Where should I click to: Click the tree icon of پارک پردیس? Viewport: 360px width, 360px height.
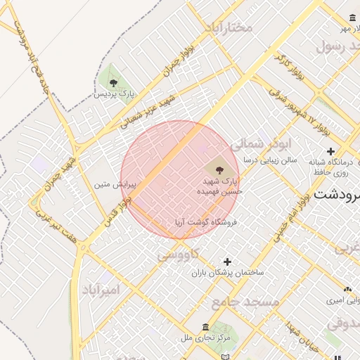pyautogui.click(x=113, y=83)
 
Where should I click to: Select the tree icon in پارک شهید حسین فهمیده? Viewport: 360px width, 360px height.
pyautogui.click(x=219, y=169)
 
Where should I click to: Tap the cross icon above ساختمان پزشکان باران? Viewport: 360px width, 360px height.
pyautogui.click(x=227, y=262)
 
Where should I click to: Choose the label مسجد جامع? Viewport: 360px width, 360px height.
pyautogui.click(x=245, y=301)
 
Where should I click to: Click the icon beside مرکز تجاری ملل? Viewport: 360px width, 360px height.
pyautogui.click(x=205, y=328)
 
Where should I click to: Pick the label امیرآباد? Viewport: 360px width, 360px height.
pyautogui.click(x=101, y=290)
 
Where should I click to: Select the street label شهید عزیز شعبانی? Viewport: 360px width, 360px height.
pyautogui.click(x=143, y=115)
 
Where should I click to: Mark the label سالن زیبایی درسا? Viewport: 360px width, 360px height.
pyautogui.click(x=270, y=160)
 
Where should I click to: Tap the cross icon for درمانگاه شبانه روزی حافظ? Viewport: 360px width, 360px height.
pyautogui.click(x=330, y=151)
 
